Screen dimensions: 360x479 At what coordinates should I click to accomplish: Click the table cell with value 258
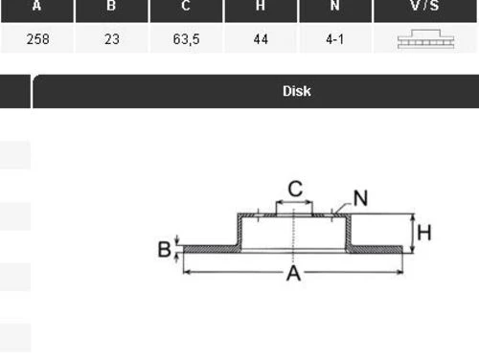[37, 41]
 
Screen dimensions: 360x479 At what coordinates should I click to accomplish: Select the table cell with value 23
[111, 41]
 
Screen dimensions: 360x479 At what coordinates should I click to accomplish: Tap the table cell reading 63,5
[186, 41]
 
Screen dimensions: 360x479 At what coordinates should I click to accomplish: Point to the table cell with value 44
[261, 41]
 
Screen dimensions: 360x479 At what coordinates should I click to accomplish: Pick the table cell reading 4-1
[334, 41]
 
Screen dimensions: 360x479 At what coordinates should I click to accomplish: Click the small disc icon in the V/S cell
[424, 41]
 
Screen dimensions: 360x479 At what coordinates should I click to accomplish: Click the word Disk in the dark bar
[296, 92]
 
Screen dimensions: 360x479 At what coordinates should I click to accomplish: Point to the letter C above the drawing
[295, 189]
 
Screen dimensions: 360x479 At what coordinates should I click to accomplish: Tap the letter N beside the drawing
[360, 198]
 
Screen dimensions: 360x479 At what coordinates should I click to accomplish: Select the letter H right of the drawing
[424, 232]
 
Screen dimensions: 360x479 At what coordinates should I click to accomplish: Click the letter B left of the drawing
[165, 250]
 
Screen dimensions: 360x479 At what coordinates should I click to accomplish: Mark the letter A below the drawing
[294, 275]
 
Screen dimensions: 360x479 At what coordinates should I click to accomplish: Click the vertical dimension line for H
[411, 233]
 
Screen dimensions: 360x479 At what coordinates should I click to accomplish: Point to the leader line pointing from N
[342, 205]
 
